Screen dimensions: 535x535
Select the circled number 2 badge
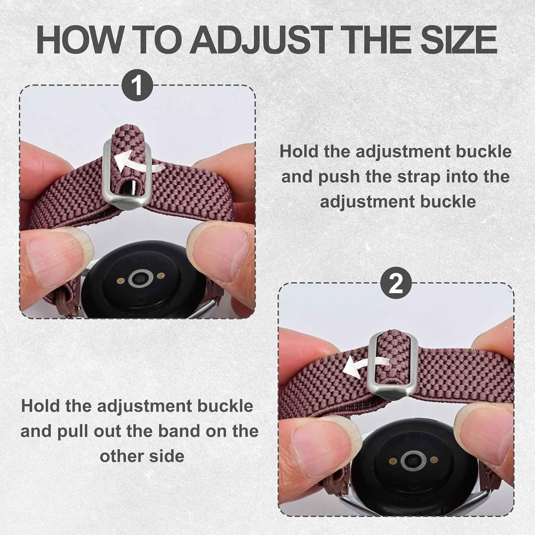pyautogui.click(x=396, y=284)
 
